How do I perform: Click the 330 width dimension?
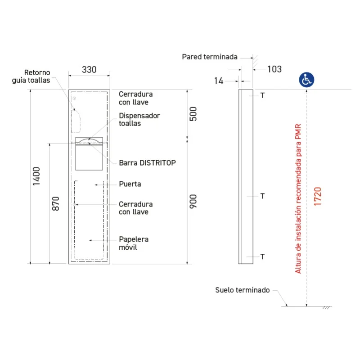(89, 70)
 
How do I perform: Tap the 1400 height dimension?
(36, 176)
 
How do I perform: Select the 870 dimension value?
(56, 203)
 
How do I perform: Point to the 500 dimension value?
(193, 114)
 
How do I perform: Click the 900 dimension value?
(193, 201)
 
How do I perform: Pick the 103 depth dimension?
(274, 69)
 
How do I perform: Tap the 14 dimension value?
(219, 81)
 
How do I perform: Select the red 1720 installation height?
(318, 196)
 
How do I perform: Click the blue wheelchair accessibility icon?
(306, 80)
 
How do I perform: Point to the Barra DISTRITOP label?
(148, 163)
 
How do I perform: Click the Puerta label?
(130, 184)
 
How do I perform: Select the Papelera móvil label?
(134, 243)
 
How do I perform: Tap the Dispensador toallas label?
(139, 119)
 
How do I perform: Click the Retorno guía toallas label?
(31, 76)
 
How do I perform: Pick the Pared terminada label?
(210, 57)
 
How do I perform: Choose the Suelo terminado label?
(243, 290)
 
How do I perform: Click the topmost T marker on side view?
(262, 95)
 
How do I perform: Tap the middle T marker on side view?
(262, 196)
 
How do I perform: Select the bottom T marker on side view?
(262, 256)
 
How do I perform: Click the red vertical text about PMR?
(298, 198)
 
